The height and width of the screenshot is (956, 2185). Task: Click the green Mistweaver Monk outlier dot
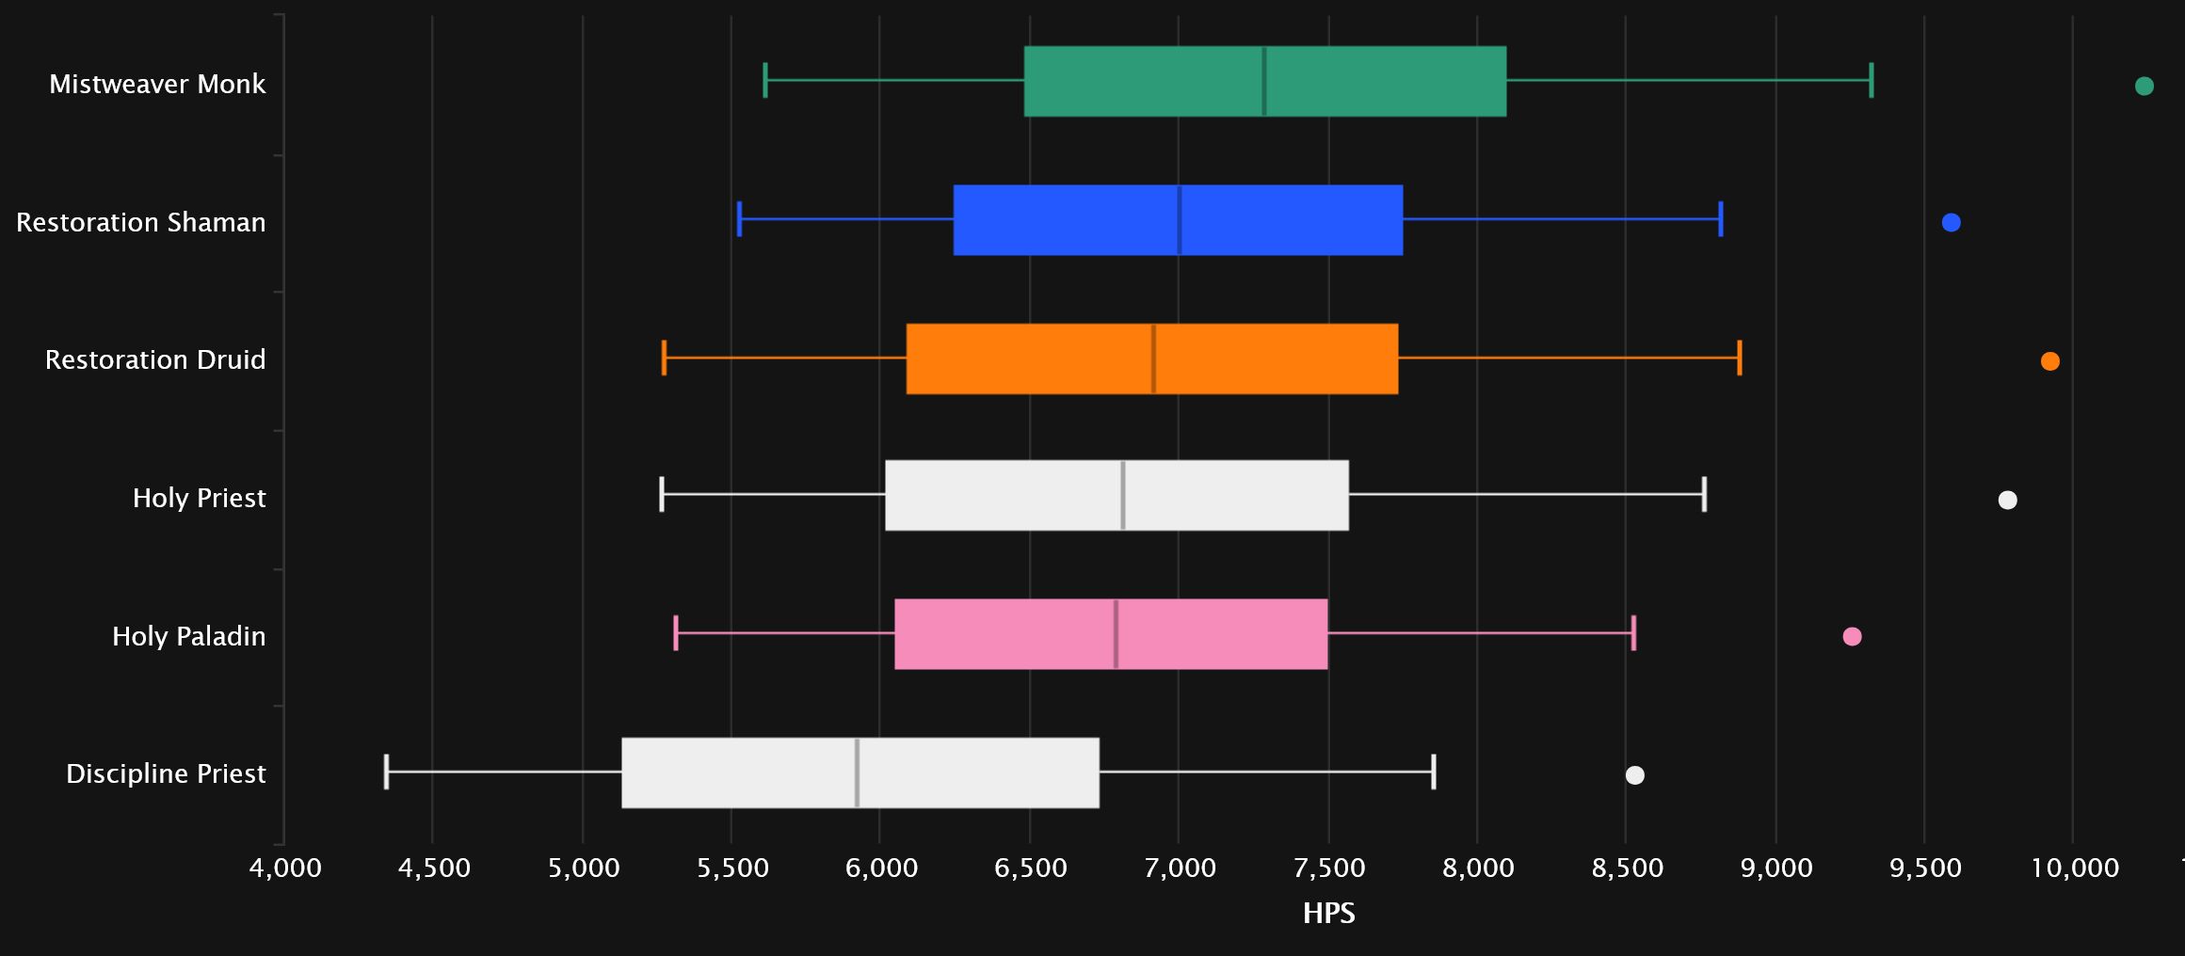2145,87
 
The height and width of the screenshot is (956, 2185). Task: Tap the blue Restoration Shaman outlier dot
1951,223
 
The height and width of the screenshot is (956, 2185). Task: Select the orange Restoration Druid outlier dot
2049,361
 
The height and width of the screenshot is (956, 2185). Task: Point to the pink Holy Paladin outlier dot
1852,637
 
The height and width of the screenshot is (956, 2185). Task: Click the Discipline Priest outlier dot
1634,775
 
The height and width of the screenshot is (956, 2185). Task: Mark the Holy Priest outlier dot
2007,500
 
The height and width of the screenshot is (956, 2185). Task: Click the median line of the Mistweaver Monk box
1264,81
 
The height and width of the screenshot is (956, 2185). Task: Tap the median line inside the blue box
1179,220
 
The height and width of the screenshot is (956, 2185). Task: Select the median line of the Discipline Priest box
857,773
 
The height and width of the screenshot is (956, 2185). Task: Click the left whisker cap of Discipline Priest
386,772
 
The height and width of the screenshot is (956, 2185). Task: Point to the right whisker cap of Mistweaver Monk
1871,80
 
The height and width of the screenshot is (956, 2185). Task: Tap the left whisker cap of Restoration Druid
664,358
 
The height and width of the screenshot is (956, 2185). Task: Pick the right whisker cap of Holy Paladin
1633,633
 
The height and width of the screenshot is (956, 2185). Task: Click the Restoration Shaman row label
141,223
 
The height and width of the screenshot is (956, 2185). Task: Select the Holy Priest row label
199,499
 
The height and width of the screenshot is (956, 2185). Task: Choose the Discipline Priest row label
166,774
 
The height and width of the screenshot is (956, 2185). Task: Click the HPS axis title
1328,914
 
